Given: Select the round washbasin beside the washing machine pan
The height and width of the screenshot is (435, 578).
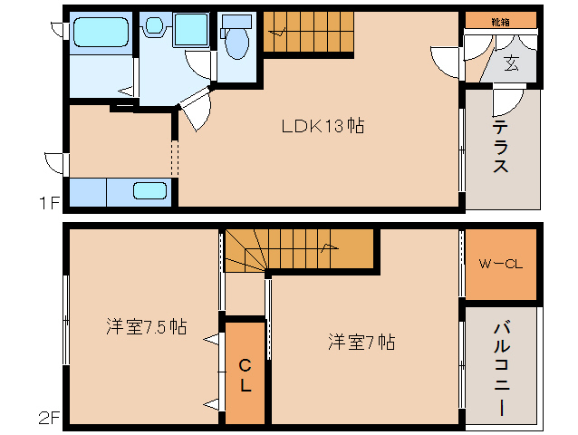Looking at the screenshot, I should (153, 26).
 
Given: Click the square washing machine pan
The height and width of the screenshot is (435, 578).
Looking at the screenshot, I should (191, 31).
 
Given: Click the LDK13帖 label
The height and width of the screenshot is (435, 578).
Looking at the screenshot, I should (321, 126).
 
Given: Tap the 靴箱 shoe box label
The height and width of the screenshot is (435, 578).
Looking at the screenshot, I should (500, 19).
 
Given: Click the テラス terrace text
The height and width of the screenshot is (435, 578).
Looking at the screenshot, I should (500, 145).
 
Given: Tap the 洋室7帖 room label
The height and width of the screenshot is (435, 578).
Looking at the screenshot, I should (361, 342).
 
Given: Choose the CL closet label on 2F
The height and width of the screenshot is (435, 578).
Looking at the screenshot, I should (245, 373).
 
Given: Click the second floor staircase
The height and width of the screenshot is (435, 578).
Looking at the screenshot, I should (299, 250).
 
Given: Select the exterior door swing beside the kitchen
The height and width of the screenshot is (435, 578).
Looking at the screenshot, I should (54, 164).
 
